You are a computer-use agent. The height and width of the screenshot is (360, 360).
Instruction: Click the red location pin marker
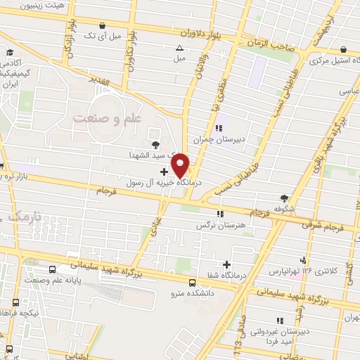pyautogui.click(x=181, y=165)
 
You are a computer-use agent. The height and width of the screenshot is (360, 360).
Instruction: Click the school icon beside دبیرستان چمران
pyautogui.click(x=219, y=128)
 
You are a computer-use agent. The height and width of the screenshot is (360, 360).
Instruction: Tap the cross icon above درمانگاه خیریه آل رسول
pyautogui.click(x=164, y=171)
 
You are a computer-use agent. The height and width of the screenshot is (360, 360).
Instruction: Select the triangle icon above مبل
pyautogui.click(x=179, y=49)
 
